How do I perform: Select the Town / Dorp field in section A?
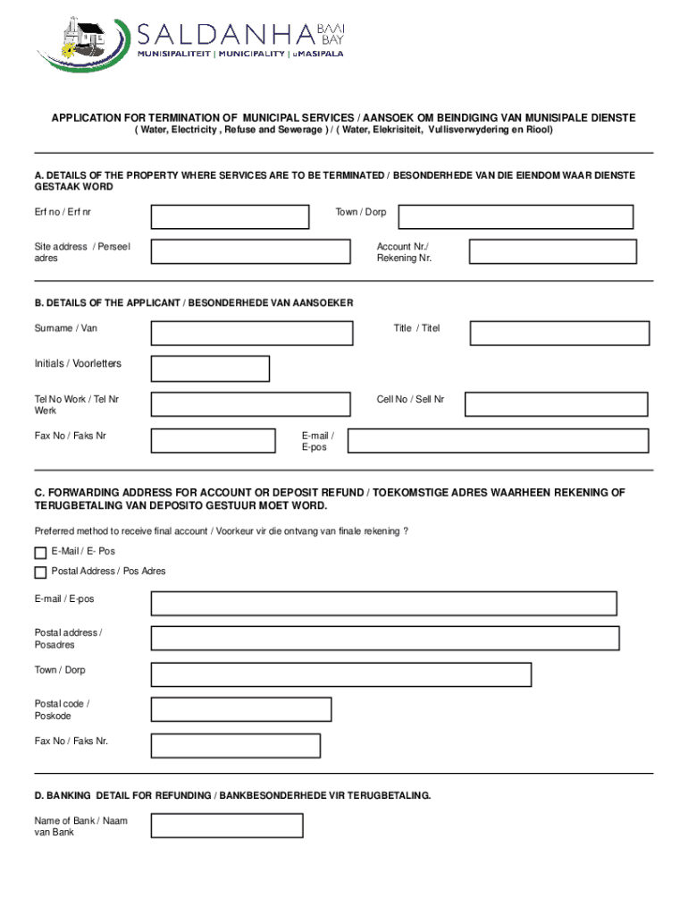516,217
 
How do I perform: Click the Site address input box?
250,251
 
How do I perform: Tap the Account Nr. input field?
553,251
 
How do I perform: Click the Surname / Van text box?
251,334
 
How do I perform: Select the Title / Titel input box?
560,334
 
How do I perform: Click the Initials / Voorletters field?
210,369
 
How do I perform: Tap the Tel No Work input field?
250,404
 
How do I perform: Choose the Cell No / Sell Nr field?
556,404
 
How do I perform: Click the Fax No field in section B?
214,440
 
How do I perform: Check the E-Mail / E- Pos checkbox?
40,553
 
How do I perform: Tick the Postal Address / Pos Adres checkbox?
40,572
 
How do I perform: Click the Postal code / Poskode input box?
241,709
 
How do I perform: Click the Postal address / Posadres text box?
385,638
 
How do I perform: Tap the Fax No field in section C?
236,745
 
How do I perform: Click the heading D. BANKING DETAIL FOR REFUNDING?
232,794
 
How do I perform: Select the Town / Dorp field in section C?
341,674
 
